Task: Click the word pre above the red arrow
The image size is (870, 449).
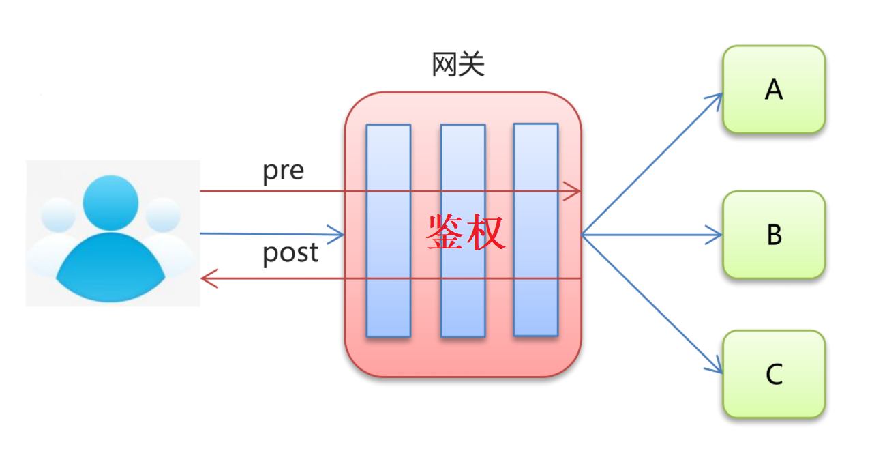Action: pyautogui.click(x=283, y=171)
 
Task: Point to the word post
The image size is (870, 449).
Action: pyautogui.click(x=290, y=253)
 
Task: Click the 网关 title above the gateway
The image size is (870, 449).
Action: pyautogui.click(x=458, y=66)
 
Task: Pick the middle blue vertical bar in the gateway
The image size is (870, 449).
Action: pyautogui.click(x=462, y=287)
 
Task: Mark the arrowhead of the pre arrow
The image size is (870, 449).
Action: pyautogui.click(x=574, y=192)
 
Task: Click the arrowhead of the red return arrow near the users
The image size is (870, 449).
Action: pyautogui.click(x=209, y=278)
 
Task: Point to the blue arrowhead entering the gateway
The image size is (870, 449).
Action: pyautogui.click(x=337, y=235)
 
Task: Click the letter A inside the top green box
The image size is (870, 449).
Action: pyautogui.click(x=773, y=90)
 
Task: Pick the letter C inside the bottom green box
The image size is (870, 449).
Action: pyautogui.click(x=774, y=375)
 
